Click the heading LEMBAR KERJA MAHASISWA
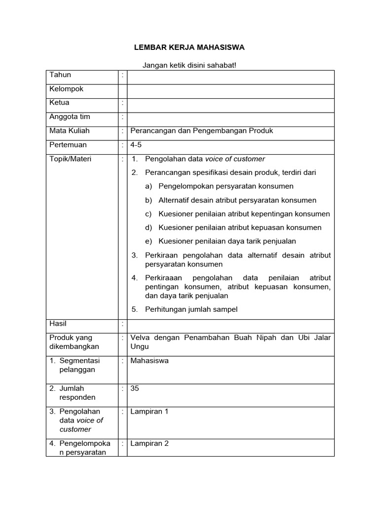pyautogui.click(x=190, y=47)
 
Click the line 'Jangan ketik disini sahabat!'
pyautogui.click(x=189, y=66)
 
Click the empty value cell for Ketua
pyautogui.click(x=230, y=103)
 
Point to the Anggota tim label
pyautogui.click(x=70, y=117)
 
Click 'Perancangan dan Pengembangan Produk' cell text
pyautogui.click(x=201, y=131)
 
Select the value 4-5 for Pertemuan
pyautogui.click(x=136, y=145)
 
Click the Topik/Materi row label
pyautogui.click(x=70, y=159)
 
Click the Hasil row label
pyautogui.click(x=58, y=324)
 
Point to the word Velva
pyautogui.click(x=140, y=337)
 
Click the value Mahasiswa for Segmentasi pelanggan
pyautogui.click(x=150, y=361)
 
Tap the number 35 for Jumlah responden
pyautogui.click(x=135, y=389)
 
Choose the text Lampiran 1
pyautogui.click(x=150, y=412)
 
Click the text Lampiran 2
pyautogui.click(x=150, y=444)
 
